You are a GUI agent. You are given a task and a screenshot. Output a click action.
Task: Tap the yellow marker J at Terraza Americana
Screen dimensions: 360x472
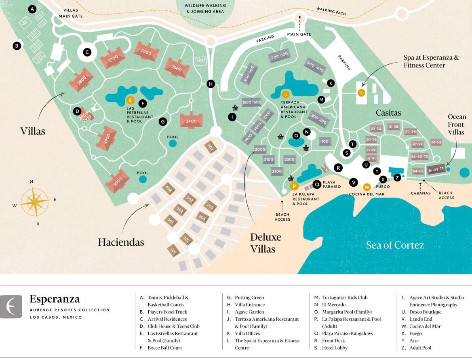pyautogui.click(x=286, y=94)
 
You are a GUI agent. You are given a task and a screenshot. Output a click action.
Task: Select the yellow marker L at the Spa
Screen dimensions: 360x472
pyautogui.click(x=362, y=93)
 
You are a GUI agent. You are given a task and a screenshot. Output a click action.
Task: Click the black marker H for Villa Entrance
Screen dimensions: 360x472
pyautogui.click(x=211, y=84)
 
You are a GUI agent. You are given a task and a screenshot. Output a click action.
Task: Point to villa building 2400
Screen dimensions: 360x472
pyautogui.click(x=191, y=120)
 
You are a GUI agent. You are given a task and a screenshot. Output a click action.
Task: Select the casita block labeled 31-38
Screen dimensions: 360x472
pyautogui.click(x=393, y=126)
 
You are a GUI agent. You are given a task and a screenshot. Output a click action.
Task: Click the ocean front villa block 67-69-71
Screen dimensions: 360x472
pyautogui.click(x=436, y=170)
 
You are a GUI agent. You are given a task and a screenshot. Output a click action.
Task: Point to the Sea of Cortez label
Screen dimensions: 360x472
pyautogui.click(x=394, y=245)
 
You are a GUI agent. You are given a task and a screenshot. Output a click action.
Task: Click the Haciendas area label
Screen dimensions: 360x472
pyautogui.click(x=121, y=242)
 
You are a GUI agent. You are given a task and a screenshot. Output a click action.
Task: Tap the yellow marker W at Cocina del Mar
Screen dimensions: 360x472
pyautogui.click(x=367, y=187)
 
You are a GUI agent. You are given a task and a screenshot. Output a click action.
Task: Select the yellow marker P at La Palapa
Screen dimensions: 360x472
pyautogui.click(x=294, y=186)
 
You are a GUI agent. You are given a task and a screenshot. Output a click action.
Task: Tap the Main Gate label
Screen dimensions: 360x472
pyautogui.click(x=299, y=34)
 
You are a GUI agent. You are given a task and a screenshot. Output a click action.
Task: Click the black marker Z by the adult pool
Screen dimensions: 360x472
pyautogui.click(x=397, y=177)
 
